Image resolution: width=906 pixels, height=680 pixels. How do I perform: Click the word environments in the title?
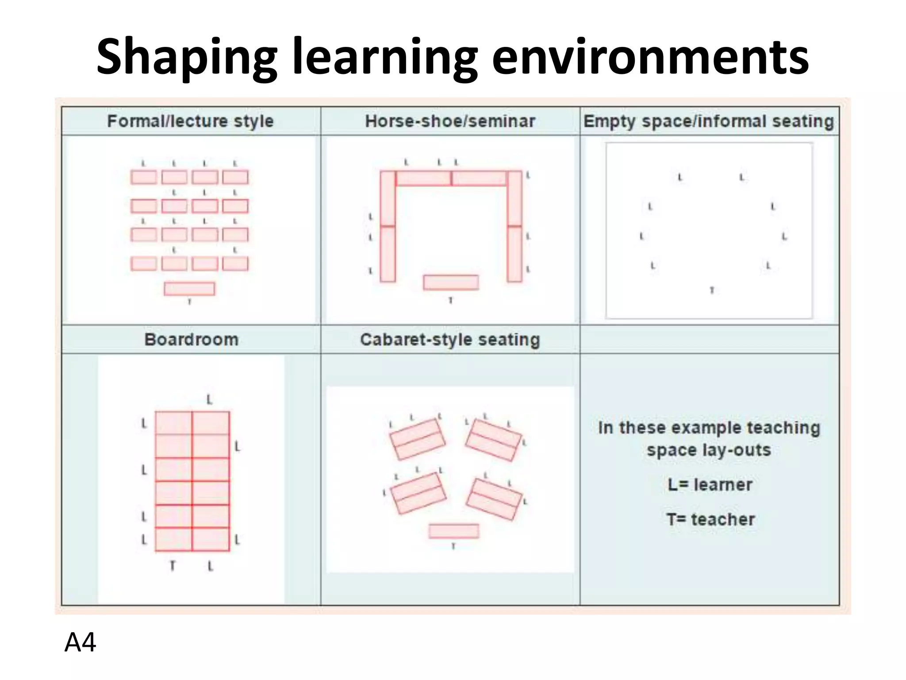650,58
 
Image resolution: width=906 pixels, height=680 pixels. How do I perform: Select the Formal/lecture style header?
191,121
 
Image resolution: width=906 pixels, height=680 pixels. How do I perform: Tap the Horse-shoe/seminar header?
450,121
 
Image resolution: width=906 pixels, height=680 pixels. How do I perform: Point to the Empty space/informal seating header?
709,121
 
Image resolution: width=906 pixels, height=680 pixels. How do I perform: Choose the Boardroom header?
191,340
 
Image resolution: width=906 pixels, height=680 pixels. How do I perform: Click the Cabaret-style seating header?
450,340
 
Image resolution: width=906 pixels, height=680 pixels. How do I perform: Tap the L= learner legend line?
710,485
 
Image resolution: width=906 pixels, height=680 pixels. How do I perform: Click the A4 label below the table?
80,642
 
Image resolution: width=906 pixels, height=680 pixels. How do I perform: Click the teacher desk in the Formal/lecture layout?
189,289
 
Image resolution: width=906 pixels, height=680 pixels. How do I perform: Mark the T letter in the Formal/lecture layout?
190,302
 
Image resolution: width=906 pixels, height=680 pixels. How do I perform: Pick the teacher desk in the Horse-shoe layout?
451,282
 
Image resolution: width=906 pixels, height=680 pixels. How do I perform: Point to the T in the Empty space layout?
712,290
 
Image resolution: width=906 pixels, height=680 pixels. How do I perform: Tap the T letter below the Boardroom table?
173,566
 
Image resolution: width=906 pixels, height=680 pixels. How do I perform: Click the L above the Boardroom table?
210,400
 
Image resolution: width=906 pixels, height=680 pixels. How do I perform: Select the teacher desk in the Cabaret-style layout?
454,531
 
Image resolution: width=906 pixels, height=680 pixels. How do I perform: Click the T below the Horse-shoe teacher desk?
451,301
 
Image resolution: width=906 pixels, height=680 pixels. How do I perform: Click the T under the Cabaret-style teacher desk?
453,547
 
